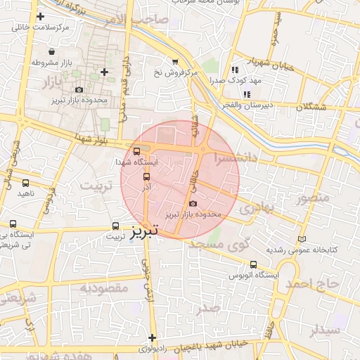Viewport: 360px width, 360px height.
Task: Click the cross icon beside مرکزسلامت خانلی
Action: (40, 15)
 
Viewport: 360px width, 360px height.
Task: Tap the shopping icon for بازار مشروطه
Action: (52, 51)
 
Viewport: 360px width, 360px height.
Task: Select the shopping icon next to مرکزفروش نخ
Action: (175, 61)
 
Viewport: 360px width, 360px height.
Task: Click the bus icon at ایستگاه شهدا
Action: (136, 150)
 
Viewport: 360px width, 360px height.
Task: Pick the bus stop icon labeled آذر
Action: (147, 177)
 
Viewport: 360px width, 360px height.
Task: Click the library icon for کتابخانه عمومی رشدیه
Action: (302, 239)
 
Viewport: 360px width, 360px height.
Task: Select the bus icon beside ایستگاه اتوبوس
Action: (253, 264)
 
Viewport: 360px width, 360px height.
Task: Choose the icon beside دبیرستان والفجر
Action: (247, 94)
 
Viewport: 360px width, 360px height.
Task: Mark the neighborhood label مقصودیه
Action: (103, 287)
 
